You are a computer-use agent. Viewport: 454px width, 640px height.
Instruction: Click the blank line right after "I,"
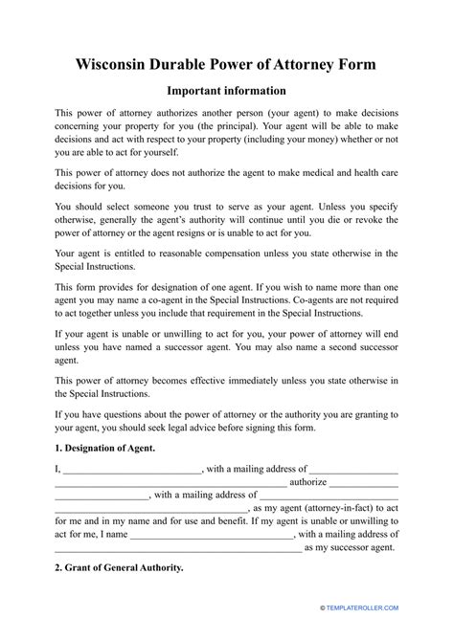click(x=132, y=471)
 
